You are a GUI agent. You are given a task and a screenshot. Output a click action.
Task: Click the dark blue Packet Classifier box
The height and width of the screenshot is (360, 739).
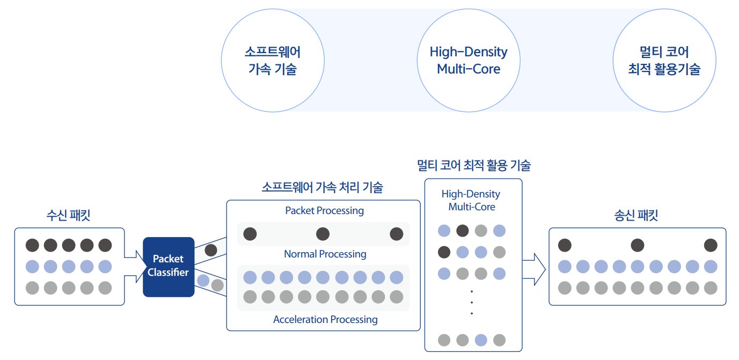169,267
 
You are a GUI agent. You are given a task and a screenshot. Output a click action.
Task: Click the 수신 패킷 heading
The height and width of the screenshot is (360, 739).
68,215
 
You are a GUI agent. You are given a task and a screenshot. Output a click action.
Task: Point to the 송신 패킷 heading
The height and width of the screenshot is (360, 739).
636,215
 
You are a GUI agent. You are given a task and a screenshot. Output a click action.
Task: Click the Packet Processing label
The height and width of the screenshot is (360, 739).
324,211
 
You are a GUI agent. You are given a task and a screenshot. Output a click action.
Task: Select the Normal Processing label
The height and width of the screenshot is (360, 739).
325,254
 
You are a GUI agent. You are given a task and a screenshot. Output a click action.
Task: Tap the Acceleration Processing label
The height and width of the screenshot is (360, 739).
325,319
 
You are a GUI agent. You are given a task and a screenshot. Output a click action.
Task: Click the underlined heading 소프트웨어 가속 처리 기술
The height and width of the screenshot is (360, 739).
323,187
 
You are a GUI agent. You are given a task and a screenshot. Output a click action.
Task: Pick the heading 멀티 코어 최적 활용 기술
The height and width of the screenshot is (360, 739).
474,165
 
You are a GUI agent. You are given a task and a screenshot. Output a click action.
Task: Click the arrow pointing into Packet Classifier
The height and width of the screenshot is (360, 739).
136,267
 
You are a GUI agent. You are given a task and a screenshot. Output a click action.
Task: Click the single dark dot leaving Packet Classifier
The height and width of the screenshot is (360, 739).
211,250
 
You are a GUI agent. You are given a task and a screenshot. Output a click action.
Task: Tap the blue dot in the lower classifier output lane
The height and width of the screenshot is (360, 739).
203,281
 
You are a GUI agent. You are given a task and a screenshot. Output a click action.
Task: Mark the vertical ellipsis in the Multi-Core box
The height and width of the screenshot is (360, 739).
472,302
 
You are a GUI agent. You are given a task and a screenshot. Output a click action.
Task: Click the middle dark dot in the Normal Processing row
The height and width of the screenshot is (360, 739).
323,234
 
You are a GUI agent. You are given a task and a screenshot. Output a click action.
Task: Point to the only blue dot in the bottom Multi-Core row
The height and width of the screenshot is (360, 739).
481,340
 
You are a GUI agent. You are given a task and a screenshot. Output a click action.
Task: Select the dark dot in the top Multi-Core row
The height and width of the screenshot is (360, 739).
463,231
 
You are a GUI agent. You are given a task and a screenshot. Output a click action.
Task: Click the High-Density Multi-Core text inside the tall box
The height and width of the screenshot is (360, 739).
471,200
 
